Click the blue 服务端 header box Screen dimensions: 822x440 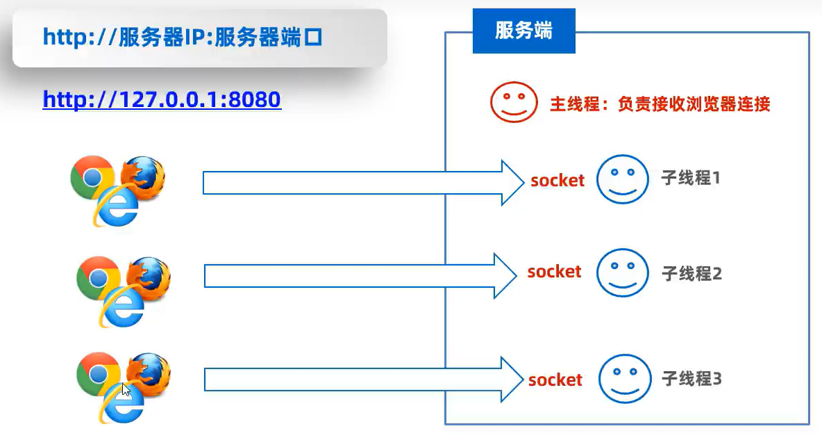(x=523, y=31)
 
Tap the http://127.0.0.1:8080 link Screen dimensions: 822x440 (x=162, y=99)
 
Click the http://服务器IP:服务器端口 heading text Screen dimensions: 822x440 (x=183, y=38)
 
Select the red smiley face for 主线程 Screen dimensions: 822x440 (x=514, y=102)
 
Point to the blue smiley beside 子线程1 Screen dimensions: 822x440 (x=622, y=179)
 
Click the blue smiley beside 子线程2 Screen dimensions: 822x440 (x=622, y=272)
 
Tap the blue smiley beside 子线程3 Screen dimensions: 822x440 (x=625, y=379)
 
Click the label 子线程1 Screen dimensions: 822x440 (x=690, y=178)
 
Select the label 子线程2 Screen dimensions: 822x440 (x=691, y=274)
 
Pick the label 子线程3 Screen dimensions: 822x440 (x=691, y=379)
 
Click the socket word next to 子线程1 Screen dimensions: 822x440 (x=557, y=180)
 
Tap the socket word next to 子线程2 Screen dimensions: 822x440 (x=554, y=272)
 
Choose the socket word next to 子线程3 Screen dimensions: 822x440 (x=555, y=380)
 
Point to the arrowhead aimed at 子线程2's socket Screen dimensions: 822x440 (x=505, y=276)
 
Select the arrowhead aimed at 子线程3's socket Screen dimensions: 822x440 (x=512, y=379)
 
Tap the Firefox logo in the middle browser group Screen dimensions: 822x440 (x=149, y=278)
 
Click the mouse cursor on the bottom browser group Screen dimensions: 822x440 (x=126, y=389)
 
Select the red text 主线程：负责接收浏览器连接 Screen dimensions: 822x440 (x=660, y=104)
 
